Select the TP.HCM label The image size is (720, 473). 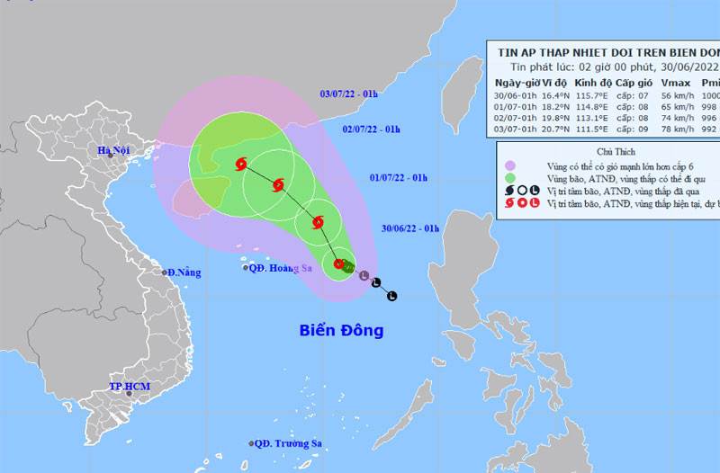tap(127, 386)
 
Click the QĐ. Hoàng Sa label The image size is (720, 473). tap(274, 267)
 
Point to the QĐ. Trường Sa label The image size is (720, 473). tap(287, 443)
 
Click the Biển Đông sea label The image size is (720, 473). tap(341, 331)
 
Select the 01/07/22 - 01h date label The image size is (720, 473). tap(400, 179)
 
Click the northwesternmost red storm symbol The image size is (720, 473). tap(240, 165)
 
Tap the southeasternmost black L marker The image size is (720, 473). tap(391, 296)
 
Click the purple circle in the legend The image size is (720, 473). tap(510, 165)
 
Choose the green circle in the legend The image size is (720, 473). tap(510, 178)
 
